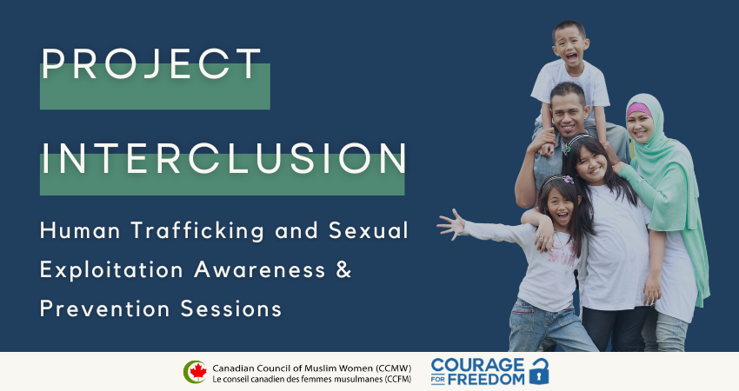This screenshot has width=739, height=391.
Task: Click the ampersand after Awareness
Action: tap(344, 269)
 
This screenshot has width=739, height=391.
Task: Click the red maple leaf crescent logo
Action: tap(195, 371)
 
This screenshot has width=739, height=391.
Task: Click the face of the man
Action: tap(570, 111)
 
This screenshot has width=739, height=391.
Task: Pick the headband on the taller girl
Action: tap(581, 139)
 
